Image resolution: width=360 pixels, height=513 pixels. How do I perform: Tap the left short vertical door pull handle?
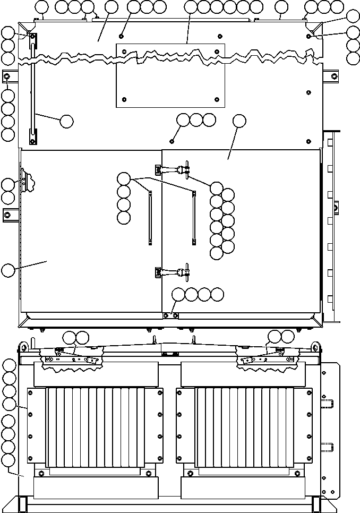(x=150, y=218)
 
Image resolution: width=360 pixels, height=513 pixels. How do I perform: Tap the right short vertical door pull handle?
(x=194, y=218)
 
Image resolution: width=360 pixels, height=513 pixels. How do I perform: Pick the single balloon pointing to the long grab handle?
(x=66, y=121)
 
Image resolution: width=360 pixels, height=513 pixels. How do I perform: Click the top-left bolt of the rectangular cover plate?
(x=124, y=52)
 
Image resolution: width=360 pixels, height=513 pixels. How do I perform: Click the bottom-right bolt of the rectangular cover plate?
(x=217, y=99)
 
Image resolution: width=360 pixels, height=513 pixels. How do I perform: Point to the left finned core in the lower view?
(x=96, y=427)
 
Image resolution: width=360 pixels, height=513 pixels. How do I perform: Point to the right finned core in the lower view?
(x=244, y=427)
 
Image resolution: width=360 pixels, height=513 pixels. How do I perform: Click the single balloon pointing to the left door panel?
(x=7, y=270)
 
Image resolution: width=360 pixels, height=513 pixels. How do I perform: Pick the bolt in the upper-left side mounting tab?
(x=7, y=77)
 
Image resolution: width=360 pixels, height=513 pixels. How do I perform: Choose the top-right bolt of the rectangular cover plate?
(x=217, y=52)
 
